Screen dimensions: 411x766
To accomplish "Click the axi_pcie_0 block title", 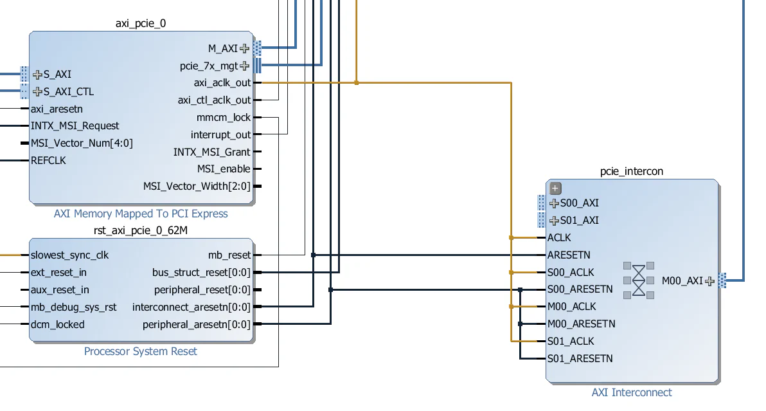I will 141,24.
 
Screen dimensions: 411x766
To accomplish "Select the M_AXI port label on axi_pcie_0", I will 222,48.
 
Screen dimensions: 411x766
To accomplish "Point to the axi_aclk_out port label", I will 222,83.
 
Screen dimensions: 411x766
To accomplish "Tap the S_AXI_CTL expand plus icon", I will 37,91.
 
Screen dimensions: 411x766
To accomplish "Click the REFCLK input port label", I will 48,160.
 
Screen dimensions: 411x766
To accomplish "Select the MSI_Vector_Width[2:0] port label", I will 197,187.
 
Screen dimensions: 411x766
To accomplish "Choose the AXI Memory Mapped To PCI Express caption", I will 141,214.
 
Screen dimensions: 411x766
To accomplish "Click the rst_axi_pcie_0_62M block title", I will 141,230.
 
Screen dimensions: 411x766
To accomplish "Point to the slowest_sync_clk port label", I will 69,255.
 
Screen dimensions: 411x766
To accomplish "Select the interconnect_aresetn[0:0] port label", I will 191,307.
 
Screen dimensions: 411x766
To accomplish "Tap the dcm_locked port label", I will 57,325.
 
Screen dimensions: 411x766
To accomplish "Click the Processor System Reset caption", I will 141,351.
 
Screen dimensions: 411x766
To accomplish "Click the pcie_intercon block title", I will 631,171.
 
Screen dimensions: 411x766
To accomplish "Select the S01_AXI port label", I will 579,221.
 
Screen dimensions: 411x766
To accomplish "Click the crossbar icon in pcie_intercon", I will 638,280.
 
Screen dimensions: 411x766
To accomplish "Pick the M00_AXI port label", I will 682,281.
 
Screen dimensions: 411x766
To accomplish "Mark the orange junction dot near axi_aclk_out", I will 357,83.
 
